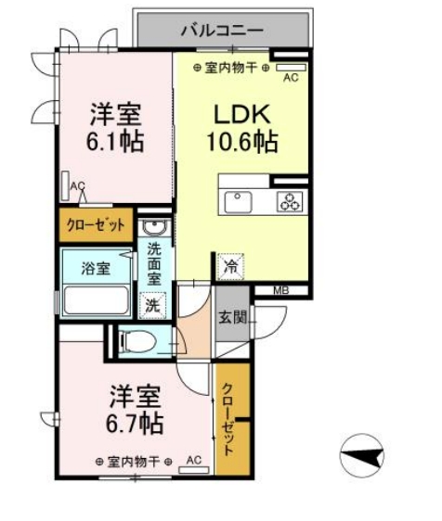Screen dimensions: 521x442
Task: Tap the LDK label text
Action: coord(242,115)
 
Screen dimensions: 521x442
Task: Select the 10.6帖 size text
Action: coord(243,143)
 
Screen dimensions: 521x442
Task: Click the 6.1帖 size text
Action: coord(115,143)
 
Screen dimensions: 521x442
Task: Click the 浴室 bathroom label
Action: coord(95,270)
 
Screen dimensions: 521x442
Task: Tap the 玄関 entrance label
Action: coord(232,317)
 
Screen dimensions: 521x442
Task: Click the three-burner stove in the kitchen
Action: coord(290,201)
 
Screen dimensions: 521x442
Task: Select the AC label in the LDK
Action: coord(290,78)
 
